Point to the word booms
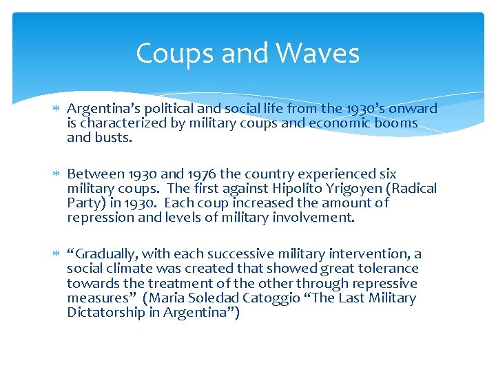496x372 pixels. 394,123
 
